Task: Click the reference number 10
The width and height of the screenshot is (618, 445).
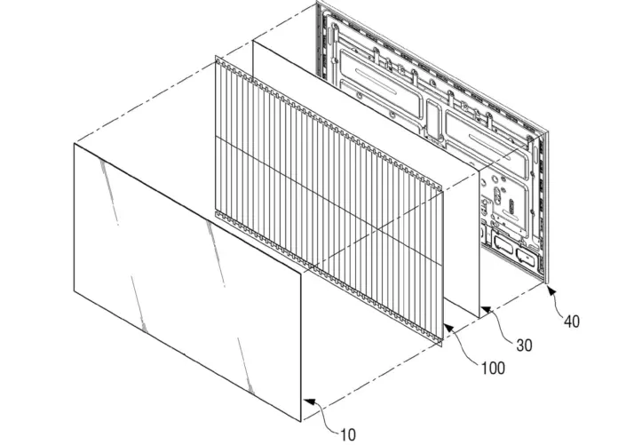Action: coord(348,434)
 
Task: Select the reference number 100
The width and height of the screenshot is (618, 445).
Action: coord(493,368)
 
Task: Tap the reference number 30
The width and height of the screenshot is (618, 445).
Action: coord(524,346)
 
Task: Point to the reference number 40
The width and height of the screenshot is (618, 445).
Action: coord(572,322)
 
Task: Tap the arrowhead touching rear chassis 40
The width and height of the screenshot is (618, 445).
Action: coord(551,290)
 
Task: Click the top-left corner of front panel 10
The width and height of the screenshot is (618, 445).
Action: coord(74,144)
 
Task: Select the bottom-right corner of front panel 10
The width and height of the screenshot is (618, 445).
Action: coord(301,421)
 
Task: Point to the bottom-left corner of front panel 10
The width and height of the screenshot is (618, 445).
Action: coord(74,291)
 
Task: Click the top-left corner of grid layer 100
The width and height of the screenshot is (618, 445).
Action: coord(216,56)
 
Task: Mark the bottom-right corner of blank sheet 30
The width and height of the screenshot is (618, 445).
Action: coord(479,318)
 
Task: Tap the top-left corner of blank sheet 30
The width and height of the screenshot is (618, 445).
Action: coord(252,40)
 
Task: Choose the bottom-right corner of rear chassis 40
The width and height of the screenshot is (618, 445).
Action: coord(548,283)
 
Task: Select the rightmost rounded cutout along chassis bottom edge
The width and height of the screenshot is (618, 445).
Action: coord(525,256)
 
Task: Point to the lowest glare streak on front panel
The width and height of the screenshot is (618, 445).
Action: coord(245,364)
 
